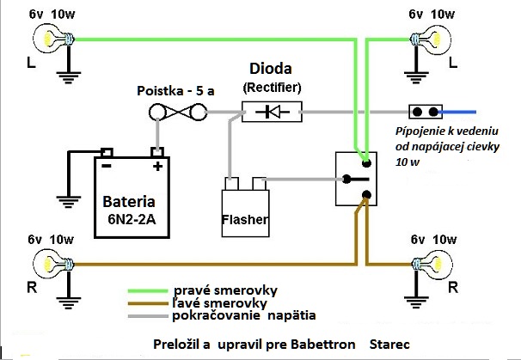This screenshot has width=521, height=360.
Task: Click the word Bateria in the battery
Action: (x=129, y=204)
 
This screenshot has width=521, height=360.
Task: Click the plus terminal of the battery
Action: (x=157, y=158)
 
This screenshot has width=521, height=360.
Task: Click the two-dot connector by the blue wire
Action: (x=425, y=112)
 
